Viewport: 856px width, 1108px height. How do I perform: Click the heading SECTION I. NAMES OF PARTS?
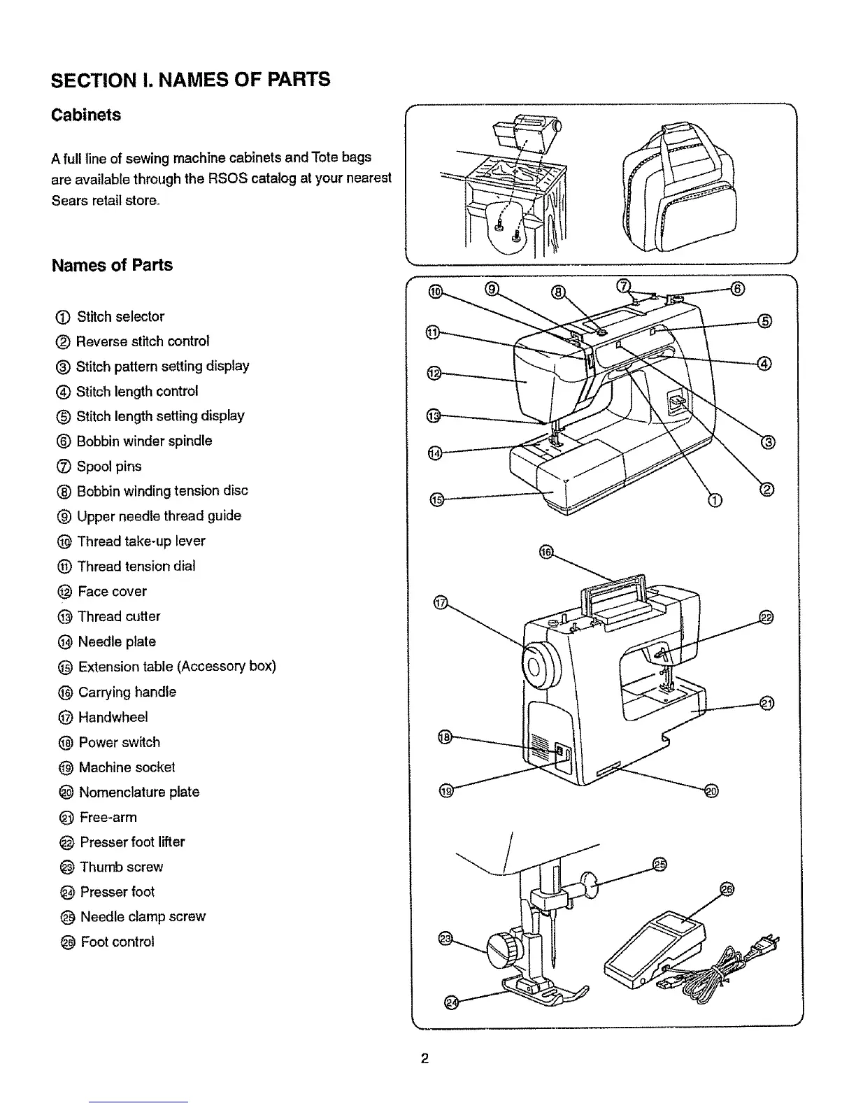tap(190, 79)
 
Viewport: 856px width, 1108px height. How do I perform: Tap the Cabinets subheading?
tap(86, 115)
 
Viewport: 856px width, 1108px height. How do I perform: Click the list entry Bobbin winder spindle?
tap(144, 441)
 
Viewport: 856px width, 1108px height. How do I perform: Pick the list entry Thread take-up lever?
tap(141, 541)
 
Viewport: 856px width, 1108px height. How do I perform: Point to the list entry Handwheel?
tap(113, 718)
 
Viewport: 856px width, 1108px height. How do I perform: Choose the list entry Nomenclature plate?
tap(138, 793)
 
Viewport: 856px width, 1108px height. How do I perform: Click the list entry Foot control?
tap(117, 942)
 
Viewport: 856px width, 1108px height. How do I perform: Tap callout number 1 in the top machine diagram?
tap(714, 499)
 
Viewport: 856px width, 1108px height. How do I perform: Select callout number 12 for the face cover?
tap(434, 374)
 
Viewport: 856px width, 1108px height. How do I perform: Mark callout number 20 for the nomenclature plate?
tap(712, 790)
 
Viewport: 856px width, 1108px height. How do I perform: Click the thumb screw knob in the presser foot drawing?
tap(503, 950)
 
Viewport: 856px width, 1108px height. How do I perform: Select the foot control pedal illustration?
tap(655, 951)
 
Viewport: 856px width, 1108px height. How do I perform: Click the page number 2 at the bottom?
tap(425, 1058)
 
